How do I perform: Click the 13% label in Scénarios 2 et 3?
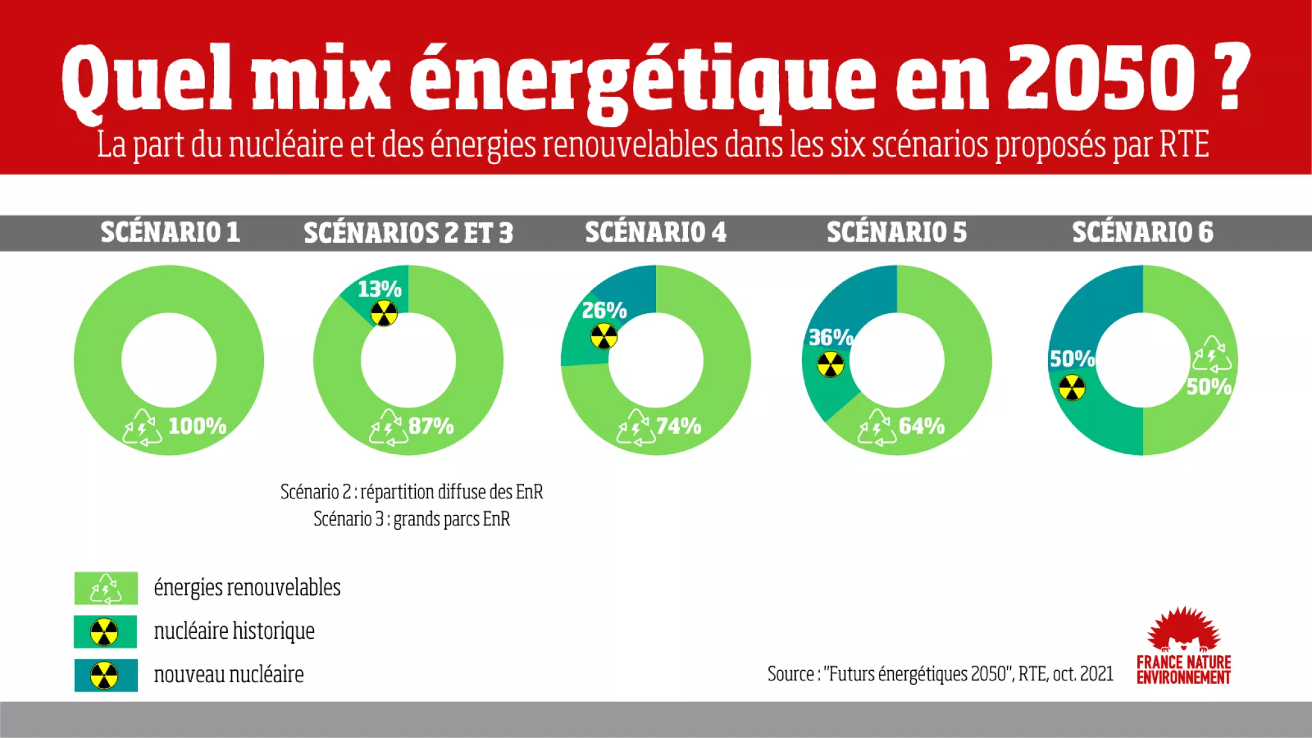pos(379,290)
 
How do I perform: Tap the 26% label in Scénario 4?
pos(603,311)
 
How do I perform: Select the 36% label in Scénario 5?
pos(830,338)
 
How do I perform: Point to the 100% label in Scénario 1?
pos(197,426)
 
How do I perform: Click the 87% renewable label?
pos(431,426)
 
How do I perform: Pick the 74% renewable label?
pos(678,426)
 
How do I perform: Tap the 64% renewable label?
pos(921,426)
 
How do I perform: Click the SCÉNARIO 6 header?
pos(1142,233)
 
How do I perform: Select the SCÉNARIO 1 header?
pos(170,233)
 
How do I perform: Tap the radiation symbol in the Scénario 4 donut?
pos(603,336)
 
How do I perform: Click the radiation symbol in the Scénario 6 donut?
pos(1072,388)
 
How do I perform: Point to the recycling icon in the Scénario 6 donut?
pos(1211,354)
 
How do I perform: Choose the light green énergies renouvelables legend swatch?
pos(106,588)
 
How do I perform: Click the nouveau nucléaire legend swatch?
pos(106,675)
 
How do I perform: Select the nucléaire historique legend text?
pos(234,632)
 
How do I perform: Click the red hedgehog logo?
pos(1183,631)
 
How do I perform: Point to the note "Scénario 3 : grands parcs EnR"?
pos(411,519)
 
